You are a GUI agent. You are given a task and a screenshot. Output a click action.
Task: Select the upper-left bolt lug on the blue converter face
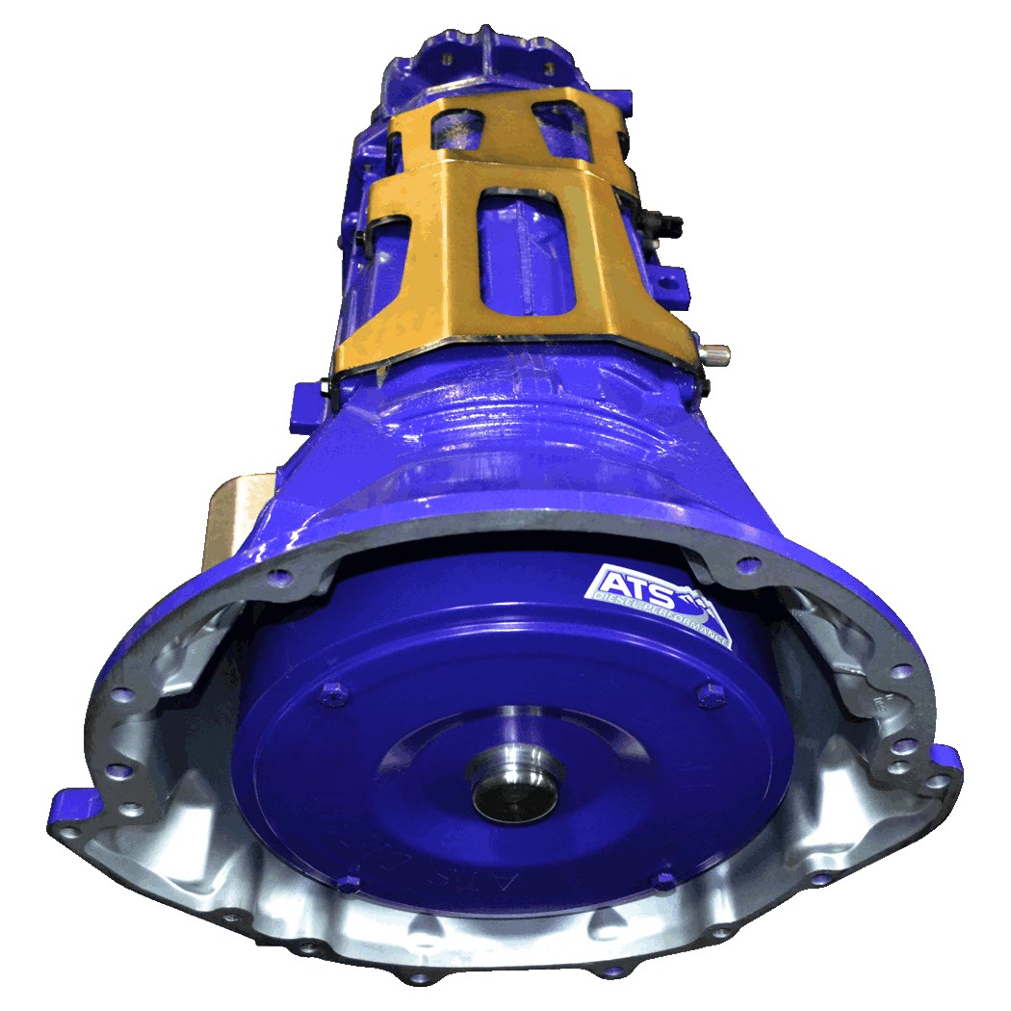tap(332, 689)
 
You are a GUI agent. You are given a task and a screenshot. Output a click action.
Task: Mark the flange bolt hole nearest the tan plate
tap(280, 577)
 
